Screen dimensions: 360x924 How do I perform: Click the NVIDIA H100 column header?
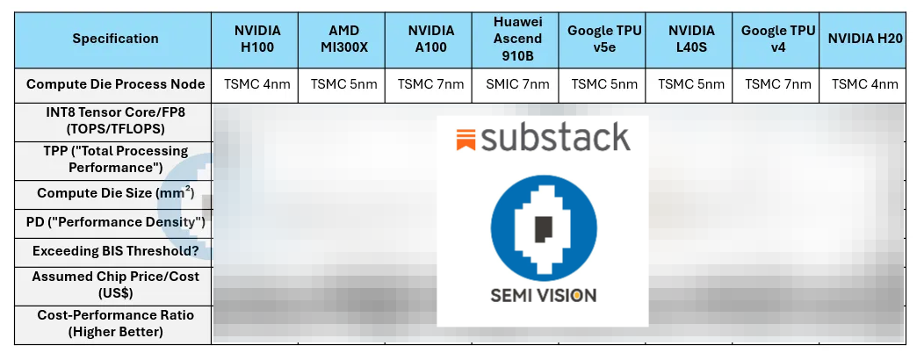[257, 39]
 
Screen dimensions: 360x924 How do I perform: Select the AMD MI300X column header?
[344, 39]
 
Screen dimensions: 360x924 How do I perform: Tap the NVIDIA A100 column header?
[431, 39]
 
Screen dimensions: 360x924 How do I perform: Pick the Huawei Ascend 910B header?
[517, 39]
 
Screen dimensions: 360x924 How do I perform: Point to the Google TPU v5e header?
[604, 39]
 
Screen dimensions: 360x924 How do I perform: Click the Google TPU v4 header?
[777, 39]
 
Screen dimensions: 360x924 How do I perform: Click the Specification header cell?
[115, 39]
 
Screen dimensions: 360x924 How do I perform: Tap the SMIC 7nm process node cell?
[517, 84]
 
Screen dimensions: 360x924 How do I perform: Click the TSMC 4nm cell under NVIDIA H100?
[257, 84]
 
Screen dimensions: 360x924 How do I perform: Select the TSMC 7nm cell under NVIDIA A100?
[431, 84]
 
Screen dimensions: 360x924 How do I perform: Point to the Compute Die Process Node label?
[115, 84]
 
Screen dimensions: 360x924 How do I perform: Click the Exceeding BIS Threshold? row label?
[115, 251]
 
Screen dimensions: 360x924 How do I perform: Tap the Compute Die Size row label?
[115, 193]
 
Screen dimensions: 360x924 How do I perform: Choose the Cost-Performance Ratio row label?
[115, 323]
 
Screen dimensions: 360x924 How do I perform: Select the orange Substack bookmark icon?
[466, 139]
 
